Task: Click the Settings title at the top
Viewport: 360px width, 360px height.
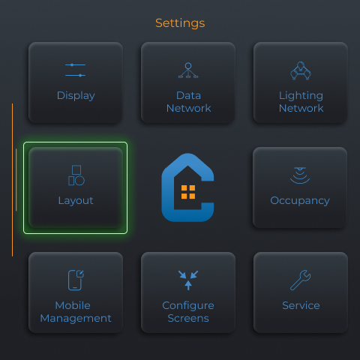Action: [180, 23]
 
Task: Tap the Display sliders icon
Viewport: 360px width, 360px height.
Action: [75, 70]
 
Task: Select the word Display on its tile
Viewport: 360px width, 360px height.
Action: [76, 96]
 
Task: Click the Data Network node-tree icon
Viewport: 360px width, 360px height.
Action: [188, 70]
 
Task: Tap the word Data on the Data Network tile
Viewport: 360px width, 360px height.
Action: [188, 95]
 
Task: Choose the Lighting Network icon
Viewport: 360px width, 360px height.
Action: [301, 70]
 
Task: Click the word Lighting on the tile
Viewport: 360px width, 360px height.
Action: [301, 96]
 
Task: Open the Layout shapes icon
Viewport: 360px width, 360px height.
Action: [76, 175]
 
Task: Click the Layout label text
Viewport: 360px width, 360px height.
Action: [76, 201]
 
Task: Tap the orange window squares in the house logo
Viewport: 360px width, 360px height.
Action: [188, 192]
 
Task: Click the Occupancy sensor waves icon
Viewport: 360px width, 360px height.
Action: [300, 175]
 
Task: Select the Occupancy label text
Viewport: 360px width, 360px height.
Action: [300, 201]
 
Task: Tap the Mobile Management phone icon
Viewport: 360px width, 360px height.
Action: [76, 280]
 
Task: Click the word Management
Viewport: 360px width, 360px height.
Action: [76, 319]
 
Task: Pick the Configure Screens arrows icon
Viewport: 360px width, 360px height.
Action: [188, 280]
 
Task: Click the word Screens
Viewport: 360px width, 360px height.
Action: [188, 318]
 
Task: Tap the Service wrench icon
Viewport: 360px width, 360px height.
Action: [301, 280]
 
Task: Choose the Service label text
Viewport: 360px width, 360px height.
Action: [301, 305]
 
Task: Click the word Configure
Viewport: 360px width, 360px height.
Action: [188, 306]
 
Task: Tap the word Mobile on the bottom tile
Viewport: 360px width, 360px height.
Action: [73, 305]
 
